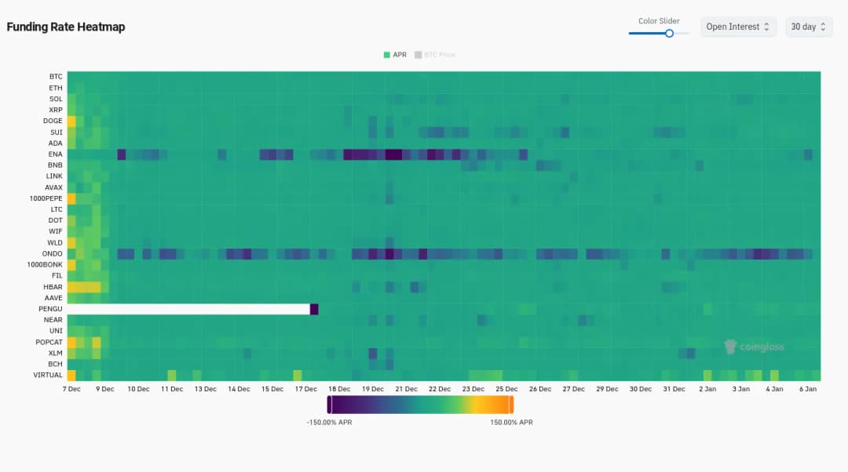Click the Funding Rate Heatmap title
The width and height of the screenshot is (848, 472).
(66, 27)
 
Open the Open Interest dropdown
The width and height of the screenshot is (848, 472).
(738, 27)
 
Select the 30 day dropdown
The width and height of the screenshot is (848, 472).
(809, 27)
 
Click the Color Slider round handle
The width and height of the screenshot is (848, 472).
(669, 33)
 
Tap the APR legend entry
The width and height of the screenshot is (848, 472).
(395, 55)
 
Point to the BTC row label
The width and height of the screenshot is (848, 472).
(56, 77)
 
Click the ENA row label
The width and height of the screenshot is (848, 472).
(55, 154)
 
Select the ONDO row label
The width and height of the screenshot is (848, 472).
(53, 254)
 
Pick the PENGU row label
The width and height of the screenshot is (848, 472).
(52, 309)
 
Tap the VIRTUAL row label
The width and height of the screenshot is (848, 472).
(49, 376)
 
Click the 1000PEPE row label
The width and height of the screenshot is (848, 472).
(47, 199)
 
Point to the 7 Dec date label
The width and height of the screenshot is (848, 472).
(71, 389)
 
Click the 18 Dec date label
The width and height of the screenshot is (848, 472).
(339, 389)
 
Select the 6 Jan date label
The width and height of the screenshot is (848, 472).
(808, 389)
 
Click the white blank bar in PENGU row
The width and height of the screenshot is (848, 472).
(188, 309)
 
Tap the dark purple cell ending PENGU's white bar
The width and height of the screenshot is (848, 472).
(314, 309)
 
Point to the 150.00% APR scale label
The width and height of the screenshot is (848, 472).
(511, 423)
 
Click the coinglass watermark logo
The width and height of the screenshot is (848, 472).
(754, 347)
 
